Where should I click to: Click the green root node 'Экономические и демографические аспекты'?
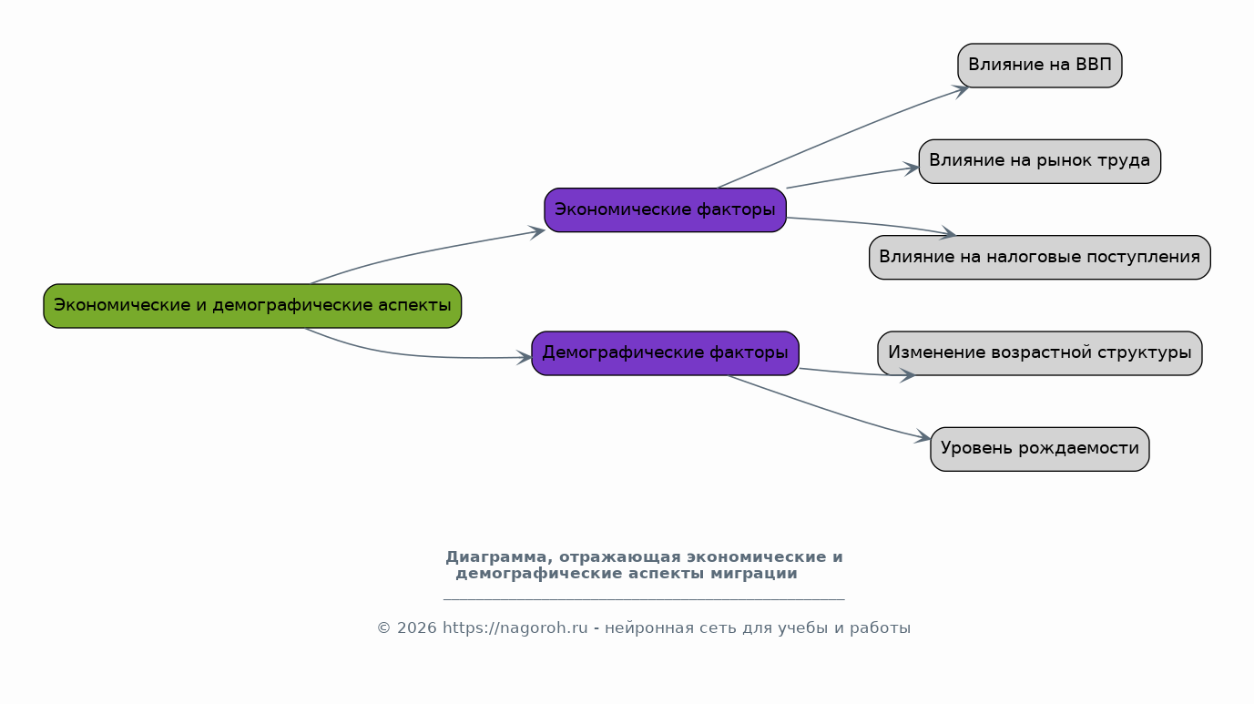click(x=252, y=306)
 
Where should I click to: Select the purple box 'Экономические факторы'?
click(x=665, y=210)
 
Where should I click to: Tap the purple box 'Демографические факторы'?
click(x=665, y=353)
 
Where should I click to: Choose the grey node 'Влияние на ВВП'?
click(x=1040, y=66)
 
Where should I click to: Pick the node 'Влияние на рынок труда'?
click(x=1040, y=161)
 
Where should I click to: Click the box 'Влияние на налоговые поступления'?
click(x=1040, y=258)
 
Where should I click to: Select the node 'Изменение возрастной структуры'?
click(x=1040, y=353)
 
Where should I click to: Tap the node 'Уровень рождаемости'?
click(x=1040, y=449)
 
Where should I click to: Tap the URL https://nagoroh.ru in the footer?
click(x=515, y=628)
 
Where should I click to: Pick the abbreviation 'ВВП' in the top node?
click(x=1094, y=65)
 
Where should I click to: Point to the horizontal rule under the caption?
click(x=644, y=600)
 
